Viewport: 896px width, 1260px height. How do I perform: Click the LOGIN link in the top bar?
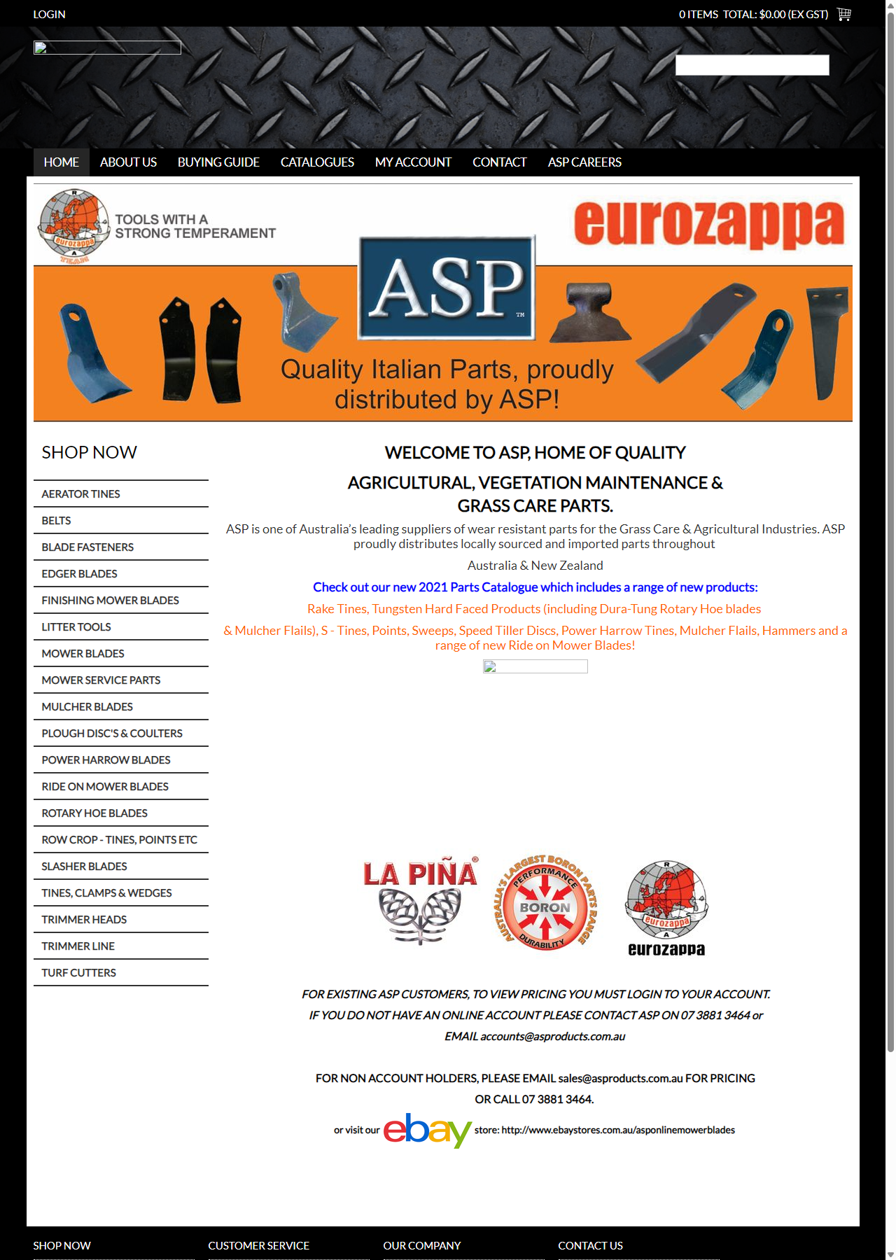pos(49,14)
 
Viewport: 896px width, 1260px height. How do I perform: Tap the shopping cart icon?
pos(843,14)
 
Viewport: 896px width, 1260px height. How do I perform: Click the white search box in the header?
pos(752,65)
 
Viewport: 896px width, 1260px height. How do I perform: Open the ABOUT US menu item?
pos(128,162)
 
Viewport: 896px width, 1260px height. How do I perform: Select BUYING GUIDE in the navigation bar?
pos(218,162)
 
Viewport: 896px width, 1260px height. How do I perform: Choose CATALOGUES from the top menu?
pos(317,162)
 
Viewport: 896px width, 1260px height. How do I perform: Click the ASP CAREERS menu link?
pos(584,162)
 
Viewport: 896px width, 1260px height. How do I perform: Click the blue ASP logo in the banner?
pos(447,288)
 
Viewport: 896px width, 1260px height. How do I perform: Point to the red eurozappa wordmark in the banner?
pos(708,223)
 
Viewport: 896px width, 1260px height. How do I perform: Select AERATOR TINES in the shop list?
pos(80,494)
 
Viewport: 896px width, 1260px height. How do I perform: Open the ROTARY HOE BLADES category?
pos(94,813)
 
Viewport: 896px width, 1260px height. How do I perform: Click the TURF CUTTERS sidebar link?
pos(78,973)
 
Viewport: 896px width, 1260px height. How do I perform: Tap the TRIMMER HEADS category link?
pos(84,920)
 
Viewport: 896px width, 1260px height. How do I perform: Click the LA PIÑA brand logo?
pos(420,900)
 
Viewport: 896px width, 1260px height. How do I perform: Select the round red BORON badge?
pos(545,903)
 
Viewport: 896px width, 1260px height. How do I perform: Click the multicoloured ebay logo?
pos(427,1130)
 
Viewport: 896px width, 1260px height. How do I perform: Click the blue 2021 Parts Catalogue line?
pos(535,587)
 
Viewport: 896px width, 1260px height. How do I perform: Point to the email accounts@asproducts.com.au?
pos(552,1036)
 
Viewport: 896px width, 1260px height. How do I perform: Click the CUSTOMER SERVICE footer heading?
pos(258,1246)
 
